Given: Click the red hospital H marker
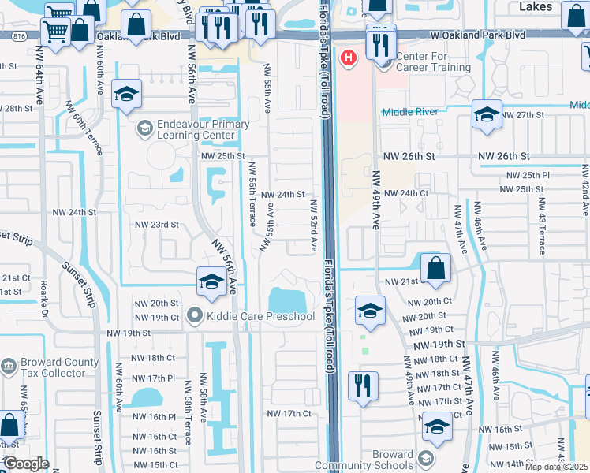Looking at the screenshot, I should coord(348,58).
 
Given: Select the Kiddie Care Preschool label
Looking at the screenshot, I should coord(260,317).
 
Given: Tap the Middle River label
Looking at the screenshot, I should coord(409,112).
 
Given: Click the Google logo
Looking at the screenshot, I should coord(26,464).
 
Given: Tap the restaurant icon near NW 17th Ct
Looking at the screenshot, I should coord(363,386).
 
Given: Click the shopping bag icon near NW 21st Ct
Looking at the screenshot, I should coord(435,268).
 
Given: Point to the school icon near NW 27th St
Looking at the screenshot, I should coord(487,114).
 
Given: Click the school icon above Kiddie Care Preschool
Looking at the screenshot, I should coord(211,282).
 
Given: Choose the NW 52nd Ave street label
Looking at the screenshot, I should coord(313,226).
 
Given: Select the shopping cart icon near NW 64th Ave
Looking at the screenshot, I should coord(56,32).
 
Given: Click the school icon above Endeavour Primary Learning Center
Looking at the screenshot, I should coord(126,94).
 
